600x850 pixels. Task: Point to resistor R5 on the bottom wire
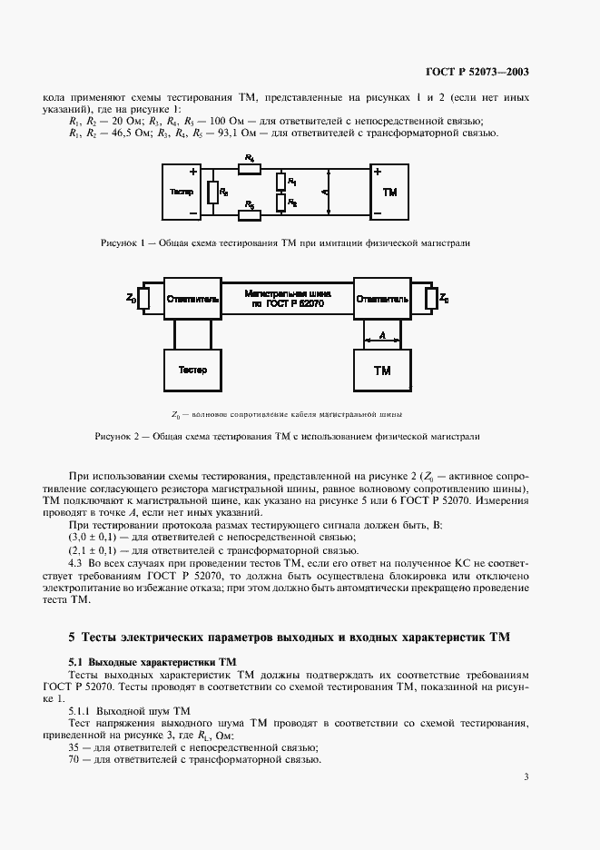[250, 214]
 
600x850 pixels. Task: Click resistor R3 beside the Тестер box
[212, 193]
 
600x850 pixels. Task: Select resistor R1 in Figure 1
[282, 182]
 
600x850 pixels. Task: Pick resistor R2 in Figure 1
[282, 203]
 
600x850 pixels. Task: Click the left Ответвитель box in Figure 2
[192, 298]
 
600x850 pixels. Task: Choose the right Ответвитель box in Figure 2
[382, 298]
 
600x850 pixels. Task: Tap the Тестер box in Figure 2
[192, 370]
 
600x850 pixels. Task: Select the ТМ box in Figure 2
[382, 371]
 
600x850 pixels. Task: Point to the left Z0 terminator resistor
[143, 298]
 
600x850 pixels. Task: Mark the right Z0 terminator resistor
[429, 298]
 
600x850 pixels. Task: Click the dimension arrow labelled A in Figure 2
[382, 341]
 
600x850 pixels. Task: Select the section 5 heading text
[290, 637]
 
